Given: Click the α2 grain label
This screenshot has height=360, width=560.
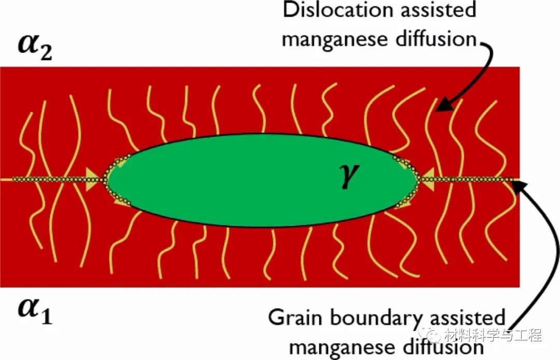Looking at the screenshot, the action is tap(35, 48).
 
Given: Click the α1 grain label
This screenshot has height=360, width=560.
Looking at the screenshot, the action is tap(35, 310).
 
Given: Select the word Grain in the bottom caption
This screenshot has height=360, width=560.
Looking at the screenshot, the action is tap(296, 317).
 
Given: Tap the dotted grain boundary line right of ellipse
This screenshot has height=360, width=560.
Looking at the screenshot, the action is tap(468, 179).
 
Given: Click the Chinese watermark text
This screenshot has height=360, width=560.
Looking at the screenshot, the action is tap(493, 335).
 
